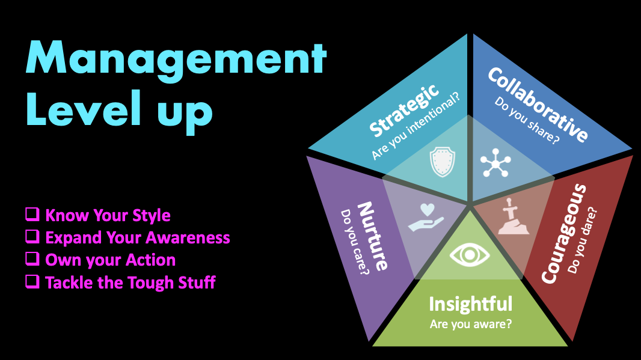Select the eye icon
[470, 255]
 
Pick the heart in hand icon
[425, 217]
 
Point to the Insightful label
[470, 304]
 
